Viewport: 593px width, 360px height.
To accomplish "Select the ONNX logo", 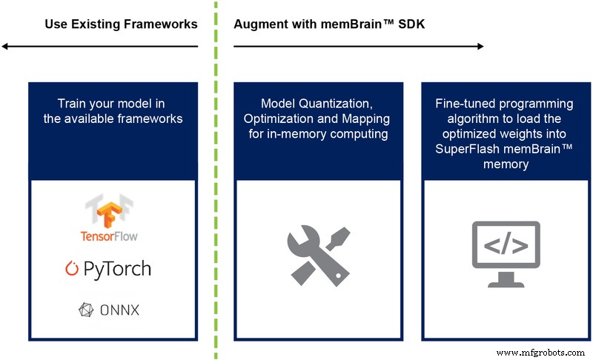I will click(x=110, y=310).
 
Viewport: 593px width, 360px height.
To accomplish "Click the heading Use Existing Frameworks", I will click(x=121, y=24).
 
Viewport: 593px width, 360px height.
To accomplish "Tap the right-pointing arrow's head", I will click(x=480, y=47).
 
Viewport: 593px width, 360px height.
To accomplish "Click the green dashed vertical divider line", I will click(x=216, y=185).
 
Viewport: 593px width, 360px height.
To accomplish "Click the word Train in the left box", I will click(x=72, y=104).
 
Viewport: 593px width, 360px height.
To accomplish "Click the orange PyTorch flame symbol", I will click(x=73, y=268).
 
